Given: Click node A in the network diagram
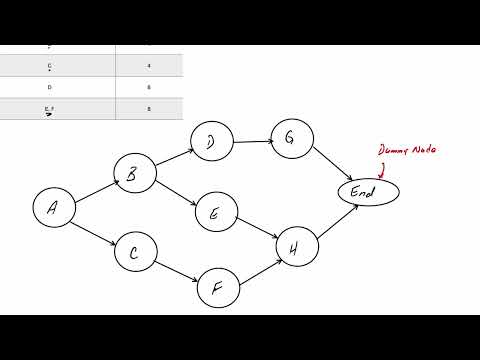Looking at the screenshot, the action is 53,207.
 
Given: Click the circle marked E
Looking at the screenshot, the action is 214,213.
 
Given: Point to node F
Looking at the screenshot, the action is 217,288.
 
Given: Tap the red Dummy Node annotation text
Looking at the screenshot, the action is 408,151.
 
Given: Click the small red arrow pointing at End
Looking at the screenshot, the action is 381,169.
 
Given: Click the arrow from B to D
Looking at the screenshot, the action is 172,159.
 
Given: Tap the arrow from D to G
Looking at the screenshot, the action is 250,141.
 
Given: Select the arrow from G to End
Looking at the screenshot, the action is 330,163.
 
